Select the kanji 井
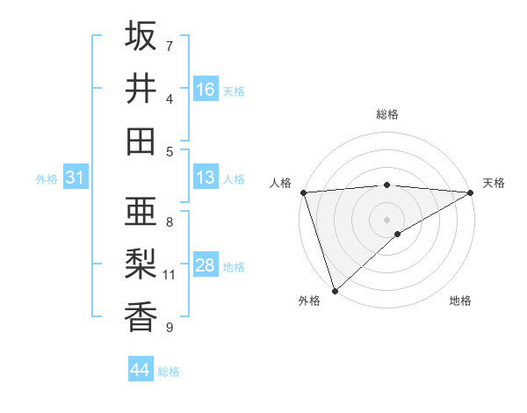point(141,89)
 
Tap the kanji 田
point(141,141)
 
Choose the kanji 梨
point(141,264)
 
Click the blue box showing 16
point(206,90)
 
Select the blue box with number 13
point(206,178)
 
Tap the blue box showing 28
point(206,265)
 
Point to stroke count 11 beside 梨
point(170,275)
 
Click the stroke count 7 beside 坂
point(170,46)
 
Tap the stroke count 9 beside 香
point(170,328)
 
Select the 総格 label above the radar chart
point(387,114)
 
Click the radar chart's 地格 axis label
point(460,301)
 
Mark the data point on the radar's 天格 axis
point(471,192)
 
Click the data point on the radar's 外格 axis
point(335,290)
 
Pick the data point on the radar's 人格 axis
point(303,192)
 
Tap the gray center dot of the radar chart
point(386,219)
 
